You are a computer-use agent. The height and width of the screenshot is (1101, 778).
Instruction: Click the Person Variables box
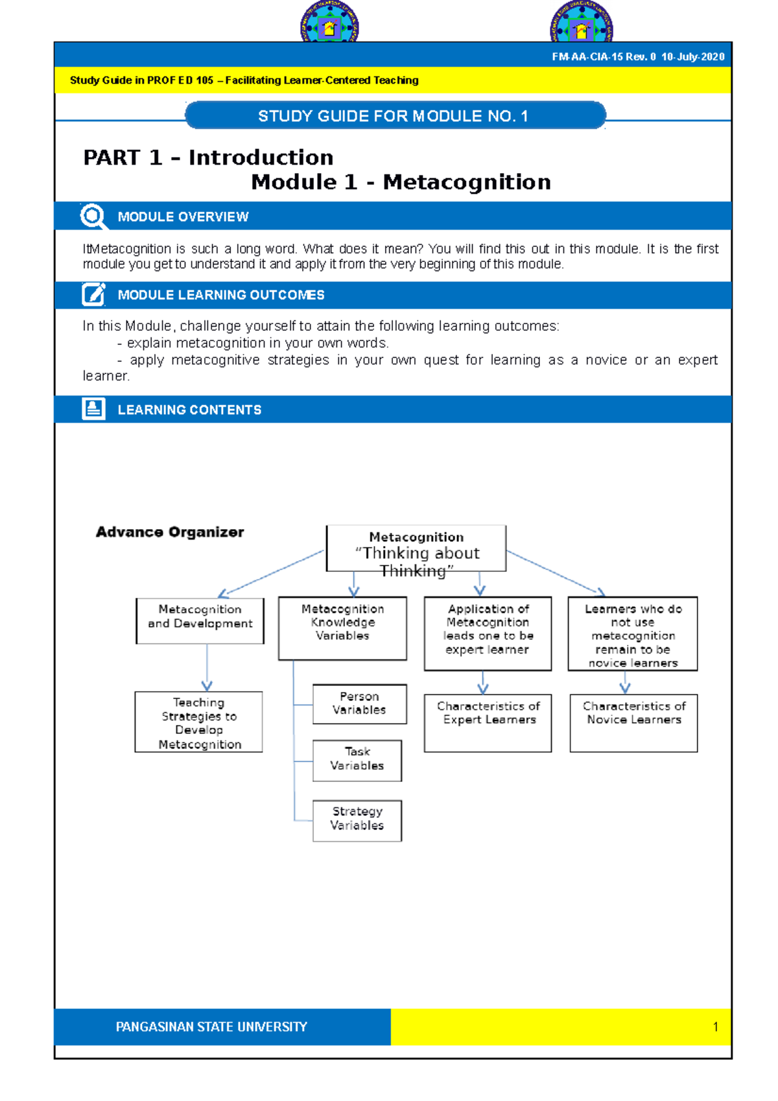[359, 704]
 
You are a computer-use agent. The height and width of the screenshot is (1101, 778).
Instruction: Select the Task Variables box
[357, 760]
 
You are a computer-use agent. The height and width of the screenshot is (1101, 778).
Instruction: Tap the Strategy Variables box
[357, 820]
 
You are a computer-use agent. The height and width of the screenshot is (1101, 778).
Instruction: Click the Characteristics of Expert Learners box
[488, 722]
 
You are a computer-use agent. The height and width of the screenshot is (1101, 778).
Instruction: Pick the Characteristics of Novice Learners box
[633, 722]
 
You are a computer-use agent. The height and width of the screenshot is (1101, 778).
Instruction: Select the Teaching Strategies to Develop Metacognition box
[198, 722]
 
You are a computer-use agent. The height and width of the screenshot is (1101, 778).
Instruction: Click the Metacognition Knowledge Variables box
[342, 628]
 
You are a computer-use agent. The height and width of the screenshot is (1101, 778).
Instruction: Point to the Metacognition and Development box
[200, 620]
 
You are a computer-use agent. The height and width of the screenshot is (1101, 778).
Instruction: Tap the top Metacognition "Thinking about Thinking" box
[416, 549]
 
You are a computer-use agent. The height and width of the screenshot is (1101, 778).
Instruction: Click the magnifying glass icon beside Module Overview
[93, 216]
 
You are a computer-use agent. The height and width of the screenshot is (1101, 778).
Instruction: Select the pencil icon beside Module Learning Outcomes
[93, 294]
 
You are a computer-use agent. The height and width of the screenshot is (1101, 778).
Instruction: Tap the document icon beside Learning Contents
[93, 409]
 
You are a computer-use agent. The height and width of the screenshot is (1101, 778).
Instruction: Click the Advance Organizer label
[170, 532]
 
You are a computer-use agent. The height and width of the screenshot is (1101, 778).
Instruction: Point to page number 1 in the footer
[715, 1026]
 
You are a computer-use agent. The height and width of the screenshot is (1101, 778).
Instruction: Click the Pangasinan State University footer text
[211, 1026]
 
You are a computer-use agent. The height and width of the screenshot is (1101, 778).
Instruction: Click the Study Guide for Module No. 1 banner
[395, 116]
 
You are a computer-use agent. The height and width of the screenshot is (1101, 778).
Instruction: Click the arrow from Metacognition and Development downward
[207, 668]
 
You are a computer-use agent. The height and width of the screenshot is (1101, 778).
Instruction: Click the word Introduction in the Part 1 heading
[261, 158]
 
